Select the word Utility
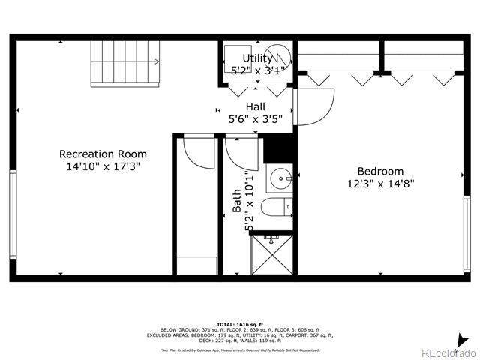click(257, 58)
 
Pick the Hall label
click(255, 106)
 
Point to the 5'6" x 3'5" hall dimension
click(255, 118)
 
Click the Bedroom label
click(379, 171)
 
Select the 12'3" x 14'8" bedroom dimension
click(379, 183)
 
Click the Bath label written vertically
click(237, 200)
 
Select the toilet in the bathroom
click(283, 205)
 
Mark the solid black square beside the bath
click(278, 148)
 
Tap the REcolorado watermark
click(447, 352)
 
